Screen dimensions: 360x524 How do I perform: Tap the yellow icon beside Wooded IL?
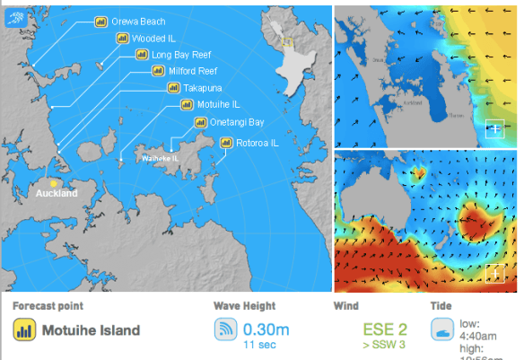click(122, 39)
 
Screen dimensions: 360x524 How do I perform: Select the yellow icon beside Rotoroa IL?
click(226, 142)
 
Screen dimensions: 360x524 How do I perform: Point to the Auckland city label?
click(57, 193)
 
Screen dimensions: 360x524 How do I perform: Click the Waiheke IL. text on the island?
click(159, 158)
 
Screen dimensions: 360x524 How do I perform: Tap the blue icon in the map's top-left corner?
click(14, 16)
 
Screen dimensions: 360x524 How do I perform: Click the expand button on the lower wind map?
click(493, 273)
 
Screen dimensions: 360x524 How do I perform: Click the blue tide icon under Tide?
click(441, 329)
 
